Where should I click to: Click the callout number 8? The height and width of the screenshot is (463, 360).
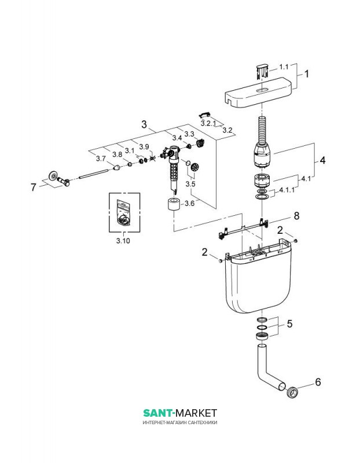tap(296, 215)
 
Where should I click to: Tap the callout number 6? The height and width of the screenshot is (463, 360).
tap(317, 382)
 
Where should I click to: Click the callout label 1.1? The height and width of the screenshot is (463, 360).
tap(284, 67)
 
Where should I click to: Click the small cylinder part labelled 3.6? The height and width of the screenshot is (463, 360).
tap(172, 205)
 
